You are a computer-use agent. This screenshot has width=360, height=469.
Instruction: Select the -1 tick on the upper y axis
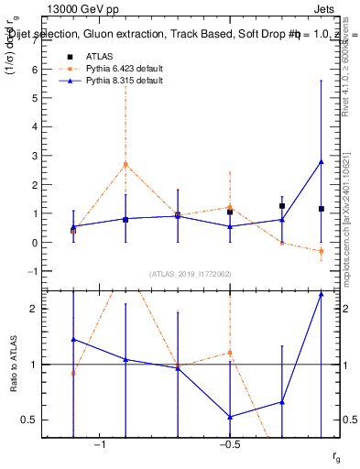click(32, 271)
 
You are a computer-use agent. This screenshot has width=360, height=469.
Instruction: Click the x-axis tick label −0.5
click(229, 445)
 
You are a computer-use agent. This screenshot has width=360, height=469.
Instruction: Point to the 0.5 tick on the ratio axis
click(30, 420)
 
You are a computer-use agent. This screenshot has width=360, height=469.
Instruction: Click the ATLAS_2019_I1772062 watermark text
click(191, 274)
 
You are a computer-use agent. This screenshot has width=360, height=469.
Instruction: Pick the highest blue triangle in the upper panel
click(322, 162)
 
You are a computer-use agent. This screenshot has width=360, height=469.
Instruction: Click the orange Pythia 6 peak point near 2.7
click(125, 164)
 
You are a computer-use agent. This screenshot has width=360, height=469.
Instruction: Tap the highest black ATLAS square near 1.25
click(282, 206)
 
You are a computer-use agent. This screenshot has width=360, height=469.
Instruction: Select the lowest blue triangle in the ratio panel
click(230, 417)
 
